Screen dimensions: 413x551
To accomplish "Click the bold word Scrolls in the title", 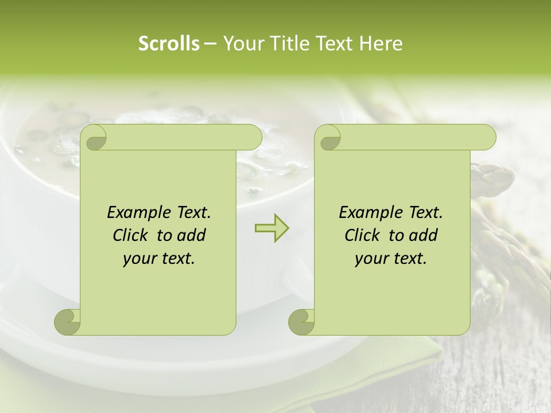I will point(169,44).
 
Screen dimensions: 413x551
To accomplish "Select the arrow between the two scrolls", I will point(271,228).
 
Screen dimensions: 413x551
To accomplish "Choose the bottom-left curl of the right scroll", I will point(301,322).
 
